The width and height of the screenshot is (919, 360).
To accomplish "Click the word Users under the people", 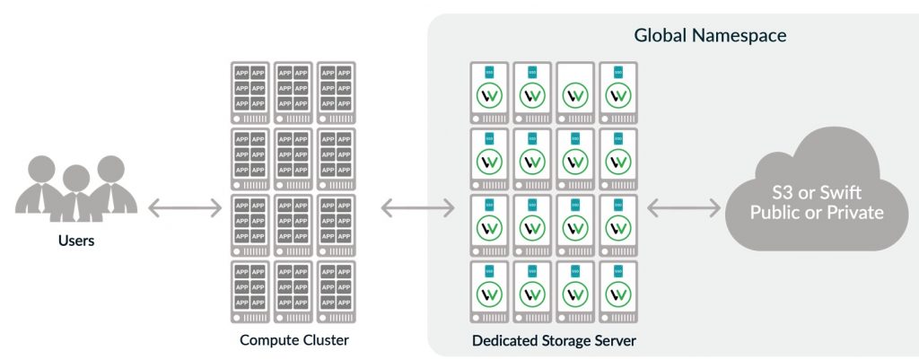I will (x=75, y=241).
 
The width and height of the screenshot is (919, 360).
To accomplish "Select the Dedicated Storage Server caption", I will (x=554, y=341).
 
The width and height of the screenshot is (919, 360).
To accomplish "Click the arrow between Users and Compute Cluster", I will (x=184, y=209).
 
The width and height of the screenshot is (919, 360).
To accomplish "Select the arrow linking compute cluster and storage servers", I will (x=417, y=209).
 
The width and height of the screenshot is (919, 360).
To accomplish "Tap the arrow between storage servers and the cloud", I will (x=684, y=209).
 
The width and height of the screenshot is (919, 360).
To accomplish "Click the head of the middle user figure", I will (x=76, y=179).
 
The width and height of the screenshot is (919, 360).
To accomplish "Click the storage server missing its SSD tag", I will (x=575, y=92).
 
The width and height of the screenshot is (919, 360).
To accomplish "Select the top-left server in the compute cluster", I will (x=250, y=92).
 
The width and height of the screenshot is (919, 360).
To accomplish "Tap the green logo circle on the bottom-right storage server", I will (x=617, y=293).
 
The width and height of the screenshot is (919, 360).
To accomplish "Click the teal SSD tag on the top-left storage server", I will (x=490, y=71).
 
